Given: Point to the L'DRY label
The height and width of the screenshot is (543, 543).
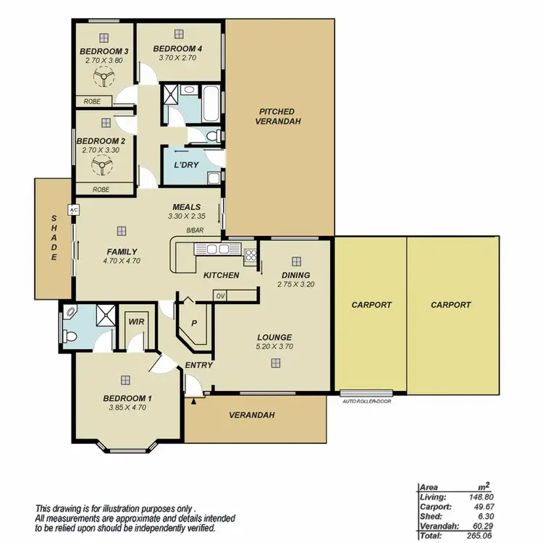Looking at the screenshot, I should click(x=186, y=164).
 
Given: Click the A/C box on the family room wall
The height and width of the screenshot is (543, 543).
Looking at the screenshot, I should click(x=73, y=210).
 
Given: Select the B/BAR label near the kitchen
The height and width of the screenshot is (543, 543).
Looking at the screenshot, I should click(x=195, y=231).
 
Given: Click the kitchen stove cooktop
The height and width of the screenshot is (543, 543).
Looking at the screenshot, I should click(x=251, y=254).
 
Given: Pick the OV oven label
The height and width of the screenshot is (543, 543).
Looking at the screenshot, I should click(x=220, y=295).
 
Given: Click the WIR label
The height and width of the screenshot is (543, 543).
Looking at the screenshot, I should click(x=135, y=319).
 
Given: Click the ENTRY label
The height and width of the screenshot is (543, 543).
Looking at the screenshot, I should click(x=198, y=365).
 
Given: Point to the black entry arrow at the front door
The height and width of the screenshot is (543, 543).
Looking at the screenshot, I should click(x=193, y=400).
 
